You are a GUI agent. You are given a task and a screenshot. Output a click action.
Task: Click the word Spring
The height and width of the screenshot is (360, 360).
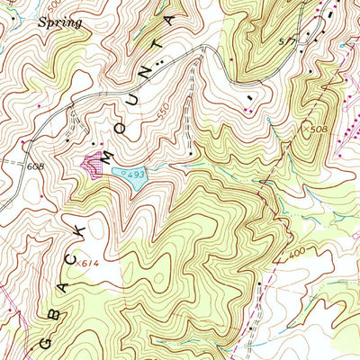(x=59, y=22)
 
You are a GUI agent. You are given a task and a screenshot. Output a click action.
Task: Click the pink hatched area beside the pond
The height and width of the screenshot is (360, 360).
(x=92, y=162)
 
